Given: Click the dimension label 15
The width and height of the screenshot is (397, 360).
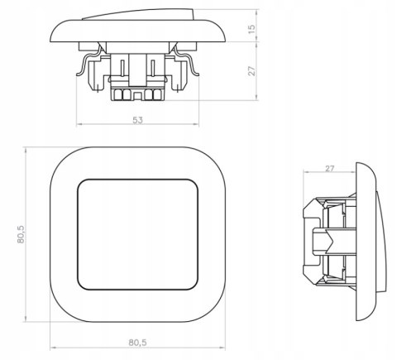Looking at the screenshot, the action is [252, 29].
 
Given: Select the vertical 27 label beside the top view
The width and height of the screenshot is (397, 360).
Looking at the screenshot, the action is [252, 71].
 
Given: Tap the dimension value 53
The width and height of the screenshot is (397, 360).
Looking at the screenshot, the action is [138, 120].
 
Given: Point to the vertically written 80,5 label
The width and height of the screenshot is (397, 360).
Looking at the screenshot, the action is [21, 234].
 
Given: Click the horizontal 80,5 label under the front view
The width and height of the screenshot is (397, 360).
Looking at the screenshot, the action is [137, 343].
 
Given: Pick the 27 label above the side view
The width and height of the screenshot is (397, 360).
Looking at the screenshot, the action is [329, 168].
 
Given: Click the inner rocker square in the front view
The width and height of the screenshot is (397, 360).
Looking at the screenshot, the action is [138, 235].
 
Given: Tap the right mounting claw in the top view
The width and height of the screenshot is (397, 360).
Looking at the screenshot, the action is [187, 61].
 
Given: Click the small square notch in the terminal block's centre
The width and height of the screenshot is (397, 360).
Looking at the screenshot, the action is [137, 96].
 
